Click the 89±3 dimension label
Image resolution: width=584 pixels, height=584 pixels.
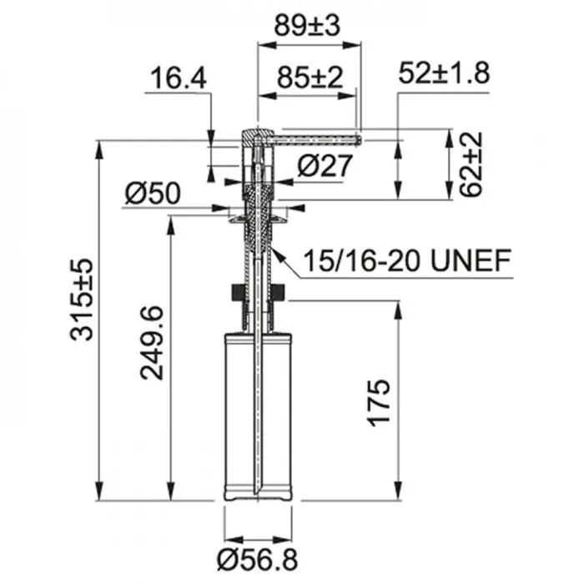(x=307, y=26)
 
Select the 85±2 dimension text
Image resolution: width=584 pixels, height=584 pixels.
(x=310, y=78)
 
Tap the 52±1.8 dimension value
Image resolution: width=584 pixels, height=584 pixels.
(x=444, y=73)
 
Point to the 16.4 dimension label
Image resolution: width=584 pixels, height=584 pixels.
(x=179, y=78)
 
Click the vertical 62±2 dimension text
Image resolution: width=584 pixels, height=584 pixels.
(x=470, y=164)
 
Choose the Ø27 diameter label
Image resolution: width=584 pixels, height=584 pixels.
(x=325, y=165)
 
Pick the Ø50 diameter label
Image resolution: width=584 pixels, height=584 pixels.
(x=153, y=194)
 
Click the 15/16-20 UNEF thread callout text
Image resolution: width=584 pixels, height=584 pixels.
(x=407, y=260)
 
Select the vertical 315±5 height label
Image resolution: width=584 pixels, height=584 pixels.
(x=81, y=300)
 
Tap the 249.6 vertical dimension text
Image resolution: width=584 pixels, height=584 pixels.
(x=152, y=343)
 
